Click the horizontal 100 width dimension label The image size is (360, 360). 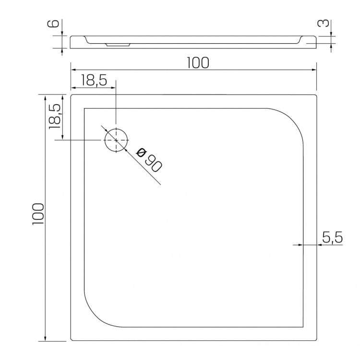[x=198, y=63]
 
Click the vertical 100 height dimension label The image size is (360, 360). [x=38, y=214]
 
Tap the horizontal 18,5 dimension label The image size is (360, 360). [x=94, y=80]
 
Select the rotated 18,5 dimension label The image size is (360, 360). [x=55, y=116]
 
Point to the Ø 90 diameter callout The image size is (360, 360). [x=149, y=160]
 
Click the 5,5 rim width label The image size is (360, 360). [x=333, y=237]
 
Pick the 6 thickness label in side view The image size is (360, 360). [x=53, y=24]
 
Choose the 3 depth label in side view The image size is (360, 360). [x=323, y=24]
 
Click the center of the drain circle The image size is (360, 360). [x=116, y=140]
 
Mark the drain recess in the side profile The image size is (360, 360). [x=118, y=45]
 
